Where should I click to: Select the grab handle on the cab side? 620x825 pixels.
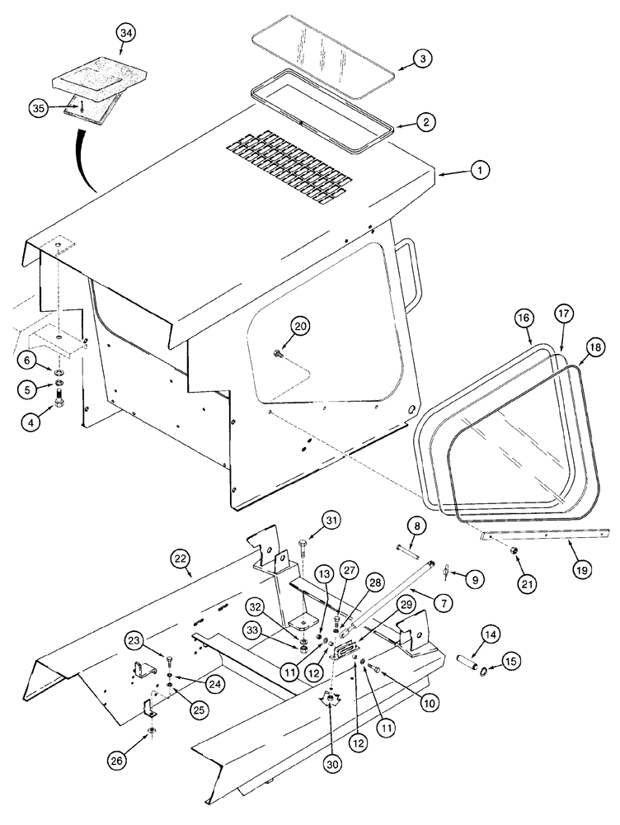pos(412,272)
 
